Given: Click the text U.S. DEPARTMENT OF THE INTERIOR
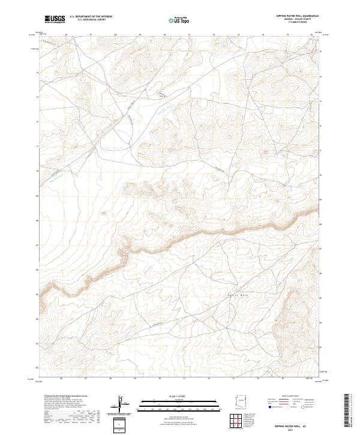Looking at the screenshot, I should [x=91, y=17].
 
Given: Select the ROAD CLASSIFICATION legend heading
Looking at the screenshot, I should [x=288, y=397].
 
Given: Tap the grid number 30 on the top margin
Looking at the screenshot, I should [x=164, y=35].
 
